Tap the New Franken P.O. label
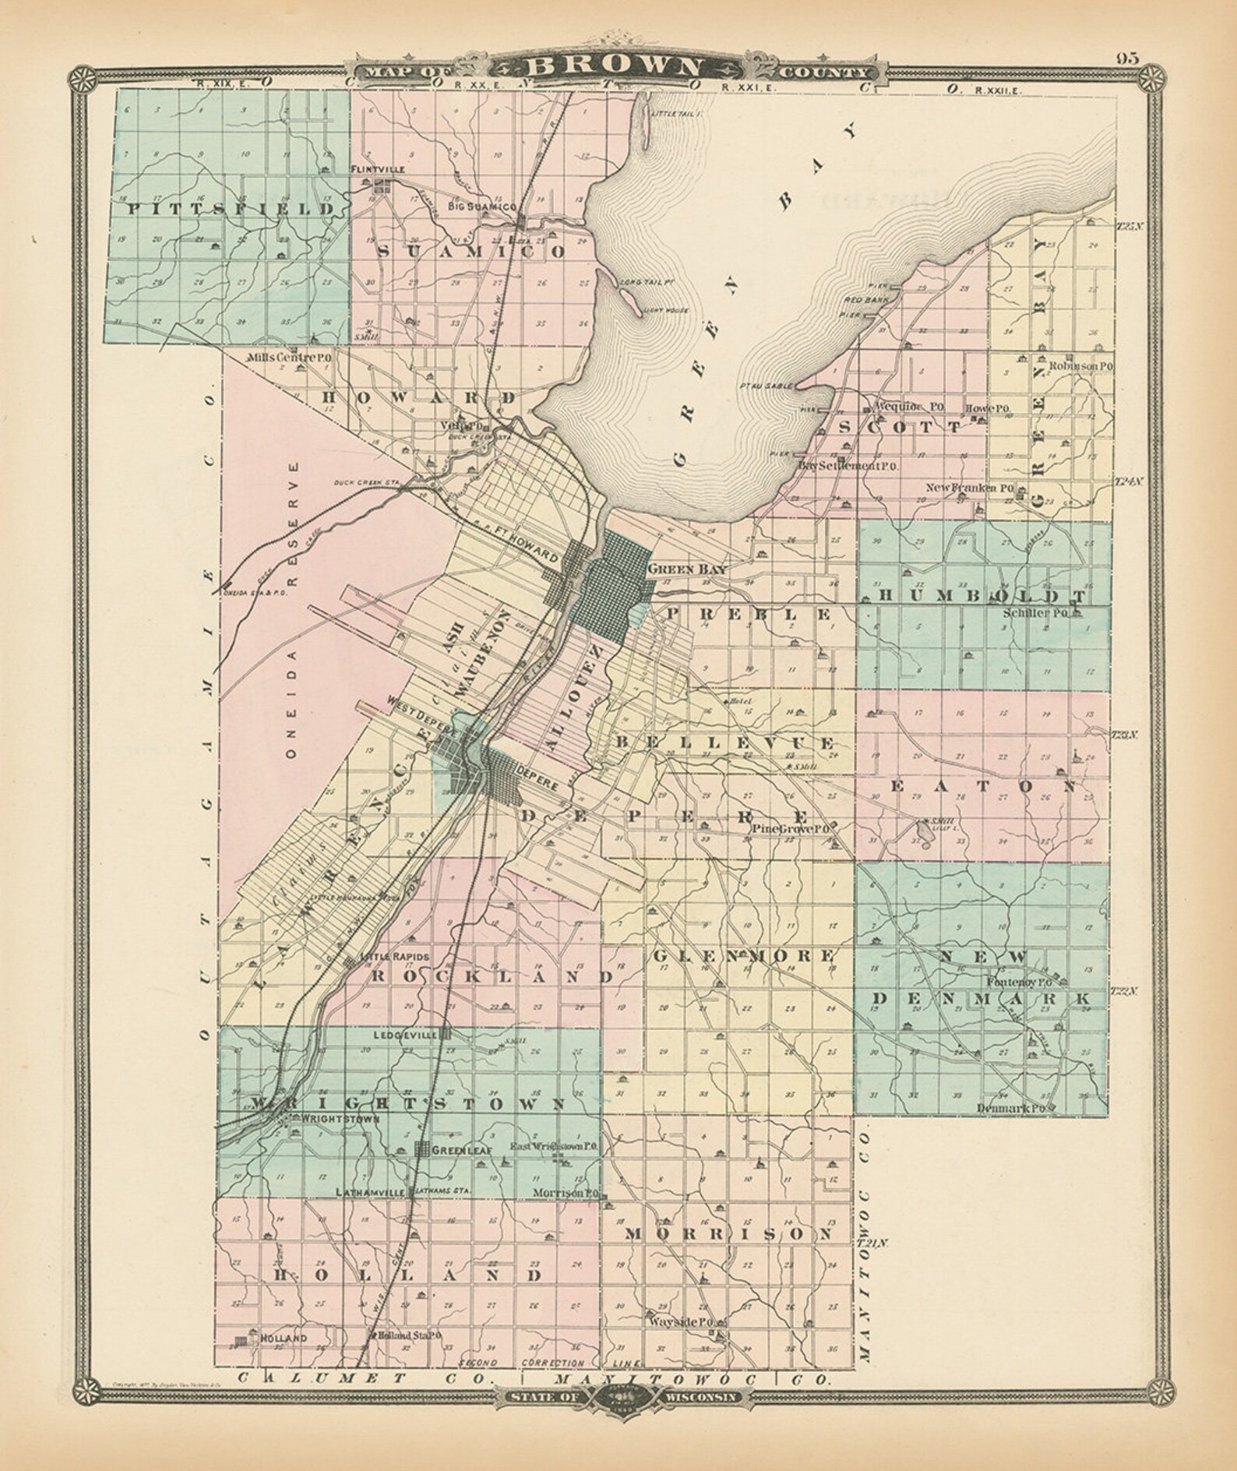pyautogui.click(x=970, y=489)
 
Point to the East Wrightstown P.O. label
pyautogui.click(x=553, y=1146)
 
